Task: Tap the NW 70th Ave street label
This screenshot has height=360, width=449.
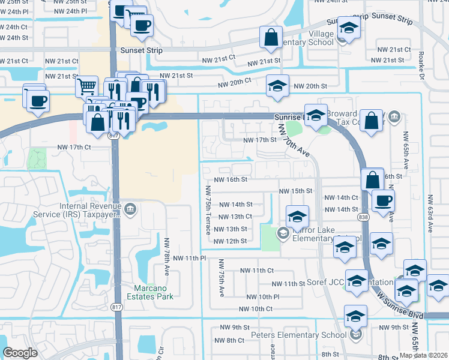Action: (294, 141)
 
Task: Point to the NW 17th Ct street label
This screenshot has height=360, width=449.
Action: (74, 147)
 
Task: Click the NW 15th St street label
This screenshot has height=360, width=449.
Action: (296, 191)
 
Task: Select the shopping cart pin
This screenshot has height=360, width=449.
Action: (87, 86)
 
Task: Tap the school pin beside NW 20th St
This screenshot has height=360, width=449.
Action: (278, 85)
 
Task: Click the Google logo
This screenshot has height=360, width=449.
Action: (20, 353)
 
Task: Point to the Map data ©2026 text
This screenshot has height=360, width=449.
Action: (423, 355)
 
